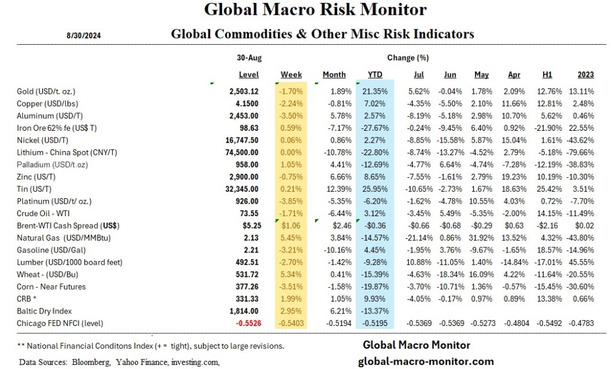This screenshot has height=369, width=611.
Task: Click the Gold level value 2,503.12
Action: [x=243, y=91]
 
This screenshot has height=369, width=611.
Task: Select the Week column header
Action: [x=291, y=75]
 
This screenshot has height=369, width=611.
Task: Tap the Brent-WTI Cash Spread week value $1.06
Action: [x=292, y=226]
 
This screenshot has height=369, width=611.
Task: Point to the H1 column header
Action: [x=547, y=75]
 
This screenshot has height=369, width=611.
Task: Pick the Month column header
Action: [x=334, y=75]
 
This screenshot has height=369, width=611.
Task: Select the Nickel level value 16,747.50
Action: [x=240, y=140]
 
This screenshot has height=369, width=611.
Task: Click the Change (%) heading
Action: [x=408, y=58]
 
